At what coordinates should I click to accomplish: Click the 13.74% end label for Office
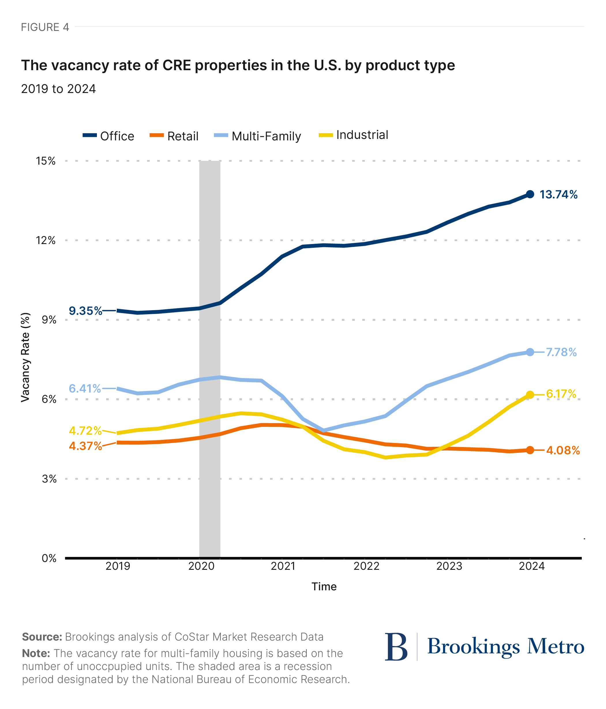558,195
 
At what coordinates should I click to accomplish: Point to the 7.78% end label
561,352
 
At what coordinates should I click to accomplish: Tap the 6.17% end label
561,394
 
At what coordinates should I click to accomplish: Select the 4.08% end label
563,450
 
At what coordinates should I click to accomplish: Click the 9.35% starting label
85,311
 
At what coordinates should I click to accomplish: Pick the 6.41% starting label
85,388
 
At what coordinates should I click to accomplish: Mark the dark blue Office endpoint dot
530,194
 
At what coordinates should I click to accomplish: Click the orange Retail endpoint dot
530,450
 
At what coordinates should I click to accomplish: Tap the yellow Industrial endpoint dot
530,395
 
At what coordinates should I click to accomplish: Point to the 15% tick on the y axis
46,161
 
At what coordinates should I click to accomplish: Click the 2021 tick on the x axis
283,566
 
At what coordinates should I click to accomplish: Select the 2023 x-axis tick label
449,566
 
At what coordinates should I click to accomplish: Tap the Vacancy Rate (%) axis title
26,357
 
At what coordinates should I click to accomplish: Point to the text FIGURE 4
45,27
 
